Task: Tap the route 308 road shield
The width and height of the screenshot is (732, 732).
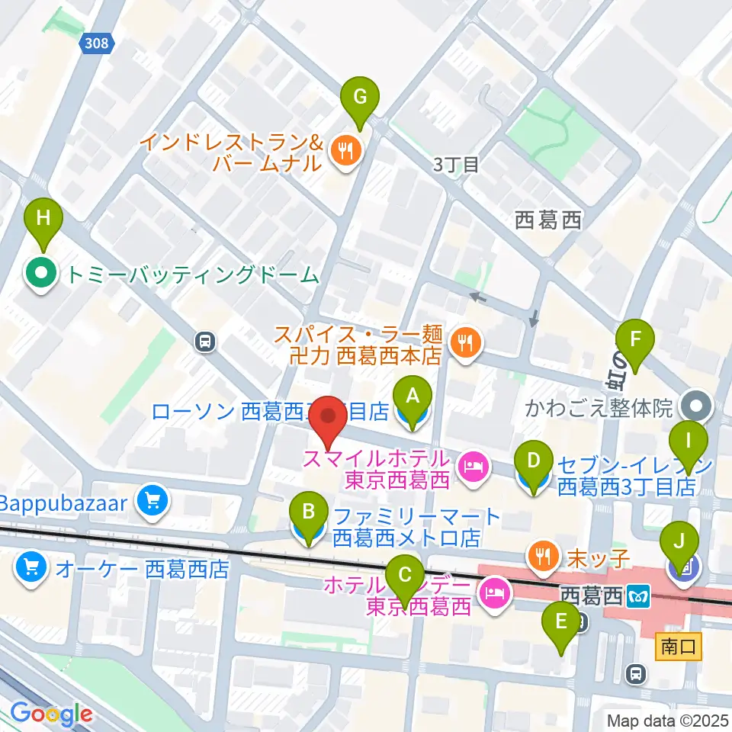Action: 97,44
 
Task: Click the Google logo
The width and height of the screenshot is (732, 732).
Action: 51,714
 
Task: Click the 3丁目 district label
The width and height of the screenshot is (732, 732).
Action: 455,164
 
